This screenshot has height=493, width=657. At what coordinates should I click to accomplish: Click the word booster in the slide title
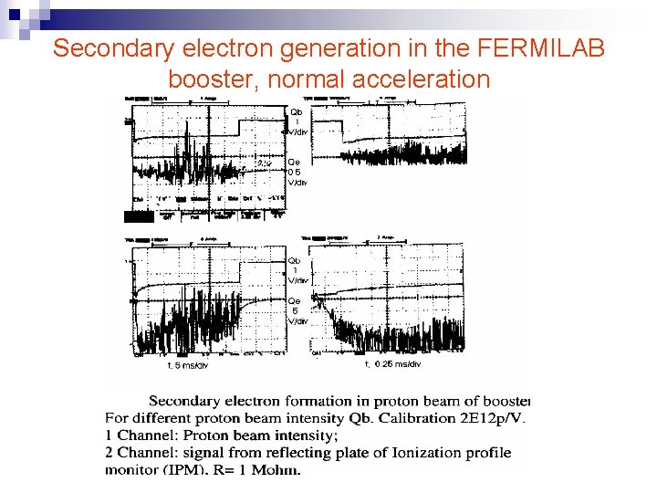(x=211, y=80)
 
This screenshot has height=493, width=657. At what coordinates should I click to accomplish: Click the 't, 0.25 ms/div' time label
(x=393, y=364)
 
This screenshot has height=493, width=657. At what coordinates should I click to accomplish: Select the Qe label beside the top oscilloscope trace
(x=295, y=163)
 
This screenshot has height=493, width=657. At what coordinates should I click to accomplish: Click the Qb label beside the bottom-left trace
(x=295, y=260)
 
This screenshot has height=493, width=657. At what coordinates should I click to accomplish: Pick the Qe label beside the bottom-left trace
(x=295, y=300)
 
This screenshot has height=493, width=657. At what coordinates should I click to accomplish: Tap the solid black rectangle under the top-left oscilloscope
(x=139, y=216)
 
